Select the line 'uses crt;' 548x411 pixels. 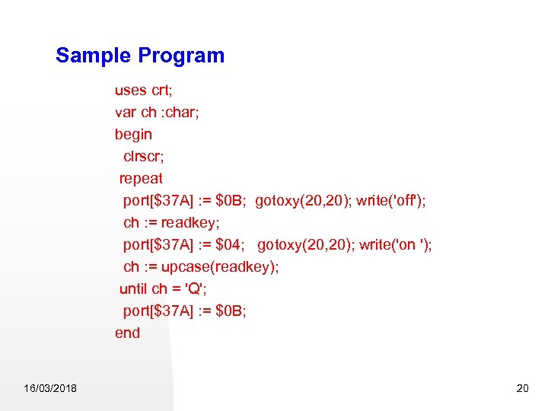[x=142, y=90]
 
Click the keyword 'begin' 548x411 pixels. [x=133, y=134]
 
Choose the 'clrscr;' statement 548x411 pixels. [x=147, y=156]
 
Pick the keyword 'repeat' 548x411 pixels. [x=141, y=179]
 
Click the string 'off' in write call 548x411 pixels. [x=407, y=200]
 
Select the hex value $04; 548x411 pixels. [x=231, y=244]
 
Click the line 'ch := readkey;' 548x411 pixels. [x=171, y=222]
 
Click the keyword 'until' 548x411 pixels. [x=133, y=288]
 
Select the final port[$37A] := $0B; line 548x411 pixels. [x=184, y=311]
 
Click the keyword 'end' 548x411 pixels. [x=127, y=333]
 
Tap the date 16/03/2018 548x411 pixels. [x=50, y=389]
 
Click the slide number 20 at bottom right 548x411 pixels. [x=522, y=389]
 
